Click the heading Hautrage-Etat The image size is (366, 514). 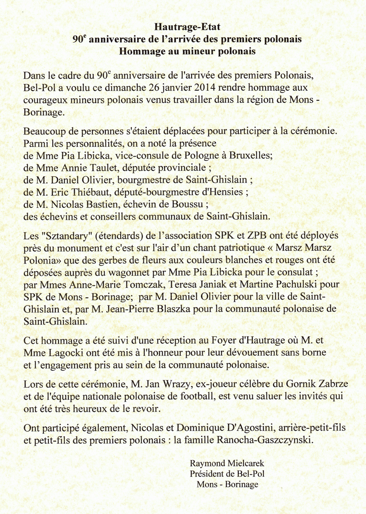(x=187, y=27)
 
